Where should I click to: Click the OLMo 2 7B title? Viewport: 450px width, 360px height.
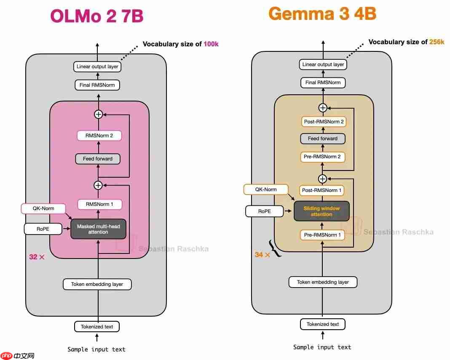(x=97, y=16)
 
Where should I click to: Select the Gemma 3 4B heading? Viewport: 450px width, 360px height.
(x=322, y=14)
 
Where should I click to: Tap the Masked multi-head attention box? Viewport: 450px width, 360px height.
(x=98, y=229)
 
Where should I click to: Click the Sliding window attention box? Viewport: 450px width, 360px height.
(x=321, y=211)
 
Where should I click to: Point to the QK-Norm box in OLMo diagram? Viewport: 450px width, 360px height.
(x=43, y=208)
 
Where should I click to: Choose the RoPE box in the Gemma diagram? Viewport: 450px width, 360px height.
(x=265, y=211)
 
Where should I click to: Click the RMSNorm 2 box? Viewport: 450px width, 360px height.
(x=99, y=136)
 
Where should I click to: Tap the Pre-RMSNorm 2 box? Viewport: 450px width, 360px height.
(x=322, y=157)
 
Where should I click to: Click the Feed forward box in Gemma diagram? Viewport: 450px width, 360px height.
(x=322, y=139)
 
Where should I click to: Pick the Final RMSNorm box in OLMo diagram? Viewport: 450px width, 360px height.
(x=97, y=85)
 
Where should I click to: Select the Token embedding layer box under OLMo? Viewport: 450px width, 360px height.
(x=97, y=284)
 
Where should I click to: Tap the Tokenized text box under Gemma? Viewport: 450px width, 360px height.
(x=323, y=324)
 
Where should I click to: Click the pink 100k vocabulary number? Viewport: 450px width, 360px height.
(x=211, y=44)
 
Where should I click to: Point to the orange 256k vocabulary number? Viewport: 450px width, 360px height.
(x=437, y=42)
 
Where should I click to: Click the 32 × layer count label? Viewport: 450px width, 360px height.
(x=37, y=257)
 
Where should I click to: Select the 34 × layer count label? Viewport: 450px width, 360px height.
(x=262, y=255)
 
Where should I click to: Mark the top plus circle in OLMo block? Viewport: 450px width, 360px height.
(x=98, y=114)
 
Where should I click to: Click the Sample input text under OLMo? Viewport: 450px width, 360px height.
(x=96, y=349)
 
